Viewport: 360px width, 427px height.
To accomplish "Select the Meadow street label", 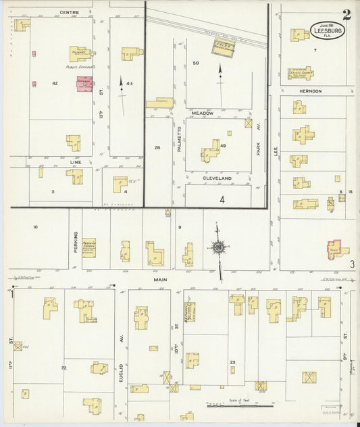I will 202,113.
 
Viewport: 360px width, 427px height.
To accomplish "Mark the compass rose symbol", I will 219,248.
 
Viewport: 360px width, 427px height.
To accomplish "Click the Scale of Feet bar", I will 240,406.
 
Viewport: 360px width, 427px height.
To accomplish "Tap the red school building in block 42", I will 84,84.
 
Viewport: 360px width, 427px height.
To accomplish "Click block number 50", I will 196,63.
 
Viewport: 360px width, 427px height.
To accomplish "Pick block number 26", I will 157,147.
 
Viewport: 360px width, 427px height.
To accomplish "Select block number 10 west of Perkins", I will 35,227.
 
